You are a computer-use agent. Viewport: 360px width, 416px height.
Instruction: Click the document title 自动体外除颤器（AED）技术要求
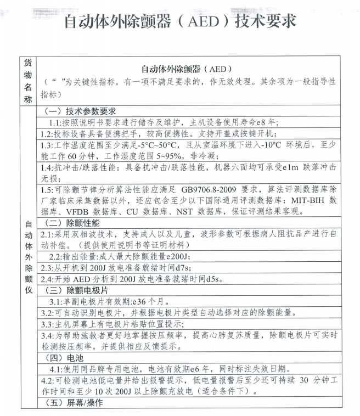180,21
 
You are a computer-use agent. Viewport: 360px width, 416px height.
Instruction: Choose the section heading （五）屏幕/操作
76,403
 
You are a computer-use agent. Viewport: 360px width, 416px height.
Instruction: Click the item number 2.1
46,234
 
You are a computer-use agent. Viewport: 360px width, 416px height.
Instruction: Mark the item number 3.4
46,335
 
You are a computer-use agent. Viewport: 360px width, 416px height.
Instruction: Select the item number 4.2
46,380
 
